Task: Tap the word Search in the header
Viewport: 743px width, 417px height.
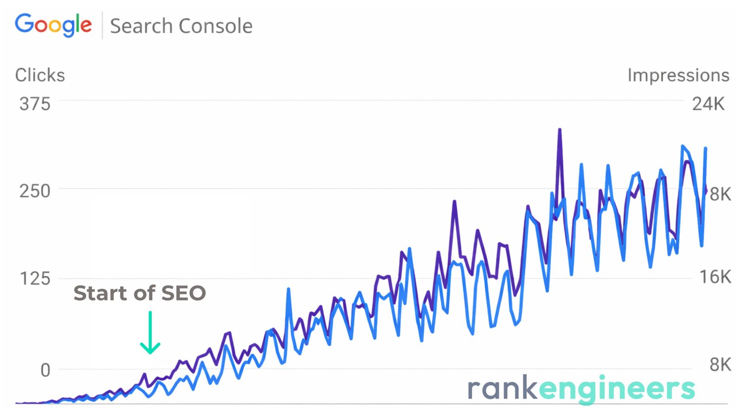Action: pyautogui.click(x=141, y=26)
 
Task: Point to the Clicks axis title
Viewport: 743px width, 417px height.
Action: pyautogui.click(x=40, y=75)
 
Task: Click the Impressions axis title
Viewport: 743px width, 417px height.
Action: pyautogui.click(x=678, y=75)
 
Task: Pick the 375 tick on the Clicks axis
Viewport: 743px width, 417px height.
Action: pyautogui.click(x=35, y=104)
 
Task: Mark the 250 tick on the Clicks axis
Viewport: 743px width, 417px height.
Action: pyautogui.click(x=35, y=191)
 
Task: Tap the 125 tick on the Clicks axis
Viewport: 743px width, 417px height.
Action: pyautogui.click(x=35, y=279)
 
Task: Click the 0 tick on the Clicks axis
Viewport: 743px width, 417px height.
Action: pyautogui.click(x=45, y=370)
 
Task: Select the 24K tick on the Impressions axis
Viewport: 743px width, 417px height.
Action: pyautogui.click(x=708, y=104)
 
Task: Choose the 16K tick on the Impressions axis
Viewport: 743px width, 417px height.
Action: pyautogui.click(x=715, y=277)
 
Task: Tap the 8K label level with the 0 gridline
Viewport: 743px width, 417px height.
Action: pyautogui.click(x=720, y=365)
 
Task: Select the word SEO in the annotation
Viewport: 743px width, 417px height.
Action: pyautogui.click(x=184, y=293)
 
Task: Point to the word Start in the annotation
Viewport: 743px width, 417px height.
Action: pyautogui.click(x=99, y=293)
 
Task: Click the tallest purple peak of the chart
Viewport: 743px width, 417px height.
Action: pyautogui.click(x=560, y=130)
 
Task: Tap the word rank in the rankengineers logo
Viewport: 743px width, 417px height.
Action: pyautogui.click(x=502, y=388)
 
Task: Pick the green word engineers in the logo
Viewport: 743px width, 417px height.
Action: pyautogui.click(x=617, y=389)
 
